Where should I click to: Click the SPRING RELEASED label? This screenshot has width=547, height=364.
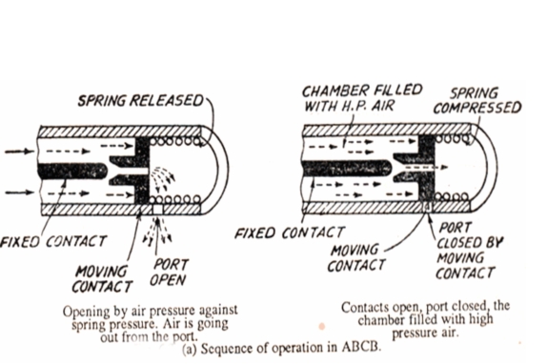click(140, 101)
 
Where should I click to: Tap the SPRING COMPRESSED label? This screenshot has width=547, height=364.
click(477, 101)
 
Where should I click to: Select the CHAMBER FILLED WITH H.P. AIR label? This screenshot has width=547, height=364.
click(362, 98)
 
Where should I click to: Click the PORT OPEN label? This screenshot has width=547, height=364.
click(169, 273)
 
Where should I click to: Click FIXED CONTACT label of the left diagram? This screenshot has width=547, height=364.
click(53, 241)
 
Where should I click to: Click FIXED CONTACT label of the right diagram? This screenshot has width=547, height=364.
click(290, 233)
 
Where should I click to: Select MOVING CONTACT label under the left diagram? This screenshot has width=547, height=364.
click(102, 279)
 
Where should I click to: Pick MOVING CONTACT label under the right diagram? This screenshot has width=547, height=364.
click(355, 258)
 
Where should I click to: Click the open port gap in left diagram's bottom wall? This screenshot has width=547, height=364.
click(157, 210)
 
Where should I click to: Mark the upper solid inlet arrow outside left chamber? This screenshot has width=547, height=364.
click(19, 152)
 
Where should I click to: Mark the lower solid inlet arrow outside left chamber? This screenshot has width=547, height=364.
click(19, 192)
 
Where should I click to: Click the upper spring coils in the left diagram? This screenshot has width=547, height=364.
click(175, 142)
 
